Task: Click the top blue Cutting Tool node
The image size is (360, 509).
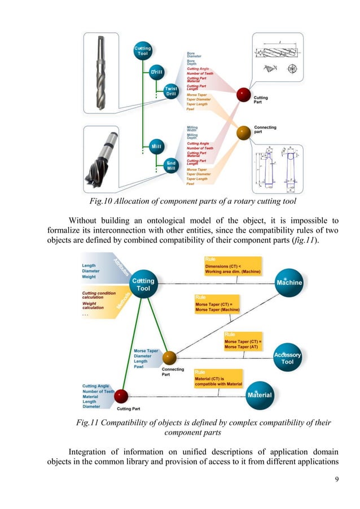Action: click(142, 51)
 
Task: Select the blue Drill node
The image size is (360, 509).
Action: click(156, 73)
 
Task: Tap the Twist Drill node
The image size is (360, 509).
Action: click(171, 91)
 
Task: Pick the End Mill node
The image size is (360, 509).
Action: click(171, 165)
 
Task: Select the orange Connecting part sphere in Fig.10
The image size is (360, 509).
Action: click(243, 133)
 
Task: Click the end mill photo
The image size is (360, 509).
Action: click(106, 164)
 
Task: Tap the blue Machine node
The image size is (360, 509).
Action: click(289, 282)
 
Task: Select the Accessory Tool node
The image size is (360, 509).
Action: click(287, 358)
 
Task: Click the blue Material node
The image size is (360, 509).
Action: click(259, 394)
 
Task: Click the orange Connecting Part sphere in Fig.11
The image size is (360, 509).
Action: click(169, 358)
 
